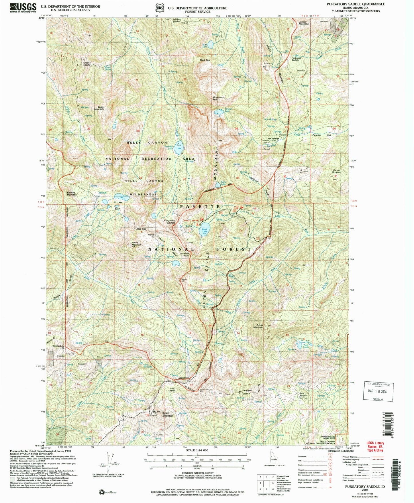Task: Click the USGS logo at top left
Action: tap(23, 7)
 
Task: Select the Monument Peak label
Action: tap(218, 98)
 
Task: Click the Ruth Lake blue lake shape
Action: tap(211, 45)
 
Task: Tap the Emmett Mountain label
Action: tap(71, 194)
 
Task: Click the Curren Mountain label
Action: tap(336, 171)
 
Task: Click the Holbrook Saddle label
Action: tap(296, 59)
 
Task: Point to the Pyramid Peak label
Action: tap(184, 254)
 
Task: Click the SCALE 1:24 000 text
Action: tap(197, 458)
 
